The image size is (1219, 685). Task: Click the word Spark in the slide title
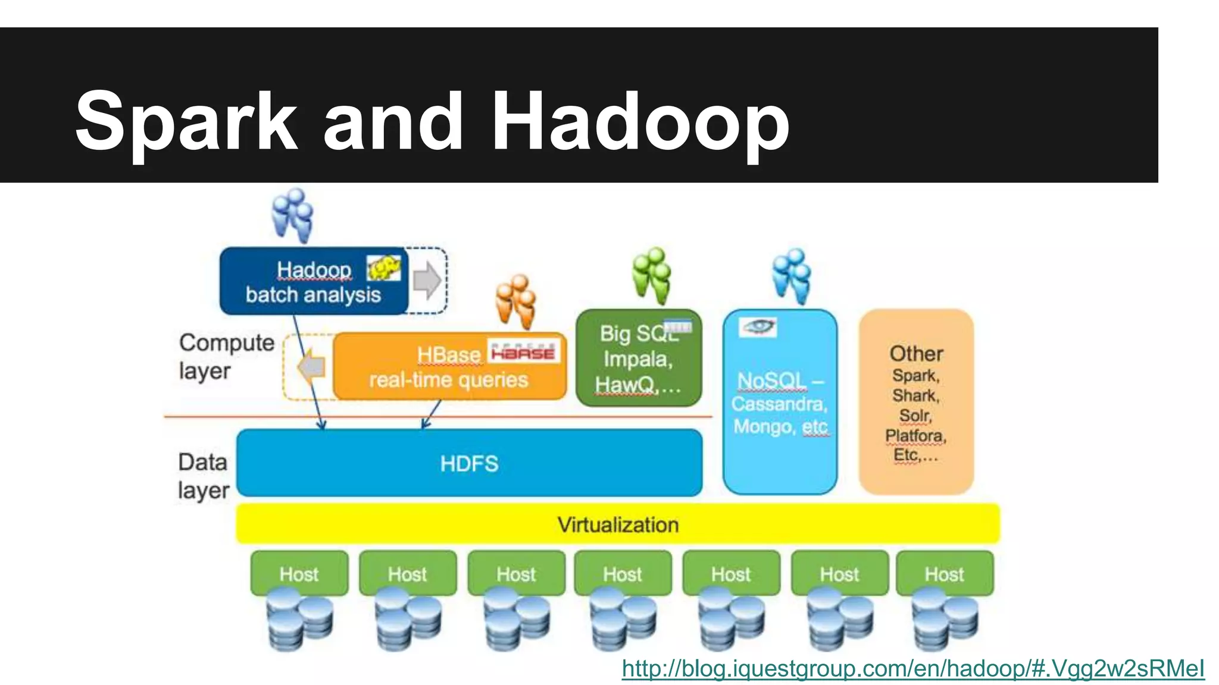(x=186, y=122)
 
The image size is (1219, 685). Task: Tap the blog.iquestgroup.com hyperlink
(x=912, y=668)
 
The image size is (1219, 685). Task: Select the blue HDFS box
(x=469, y=463)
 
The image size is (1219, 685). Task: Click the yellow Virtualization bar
(x=618, y=524)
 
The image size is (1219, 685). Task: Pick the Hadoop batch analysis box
(x=313, y=282)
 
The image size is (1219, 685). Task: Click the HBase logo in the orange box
(x=523, y=351)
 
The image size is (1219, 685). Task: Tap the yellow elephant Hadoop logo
(x=383, y=268)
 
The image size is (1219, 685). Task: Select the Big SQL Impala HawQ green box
(x=638, y=359)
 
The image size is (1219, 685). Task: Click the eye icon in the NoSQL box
(x=758, y=326)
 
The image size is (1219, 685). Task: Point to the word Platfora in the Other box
(x=915, y=436)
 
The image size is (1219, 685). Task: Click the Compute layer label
(x=226, y=356)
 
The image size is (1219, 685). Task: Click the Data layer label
(x=203, y=476)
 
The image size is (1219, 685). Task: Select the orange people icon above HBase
(x=515, y=301)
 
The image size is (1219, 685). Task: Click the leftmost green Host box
(x=299, y=573)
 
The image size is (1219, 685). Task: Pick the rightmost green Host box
(x=944, y=573)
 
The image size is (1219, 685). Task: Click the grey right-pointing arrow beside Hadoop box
(x=427, y=279)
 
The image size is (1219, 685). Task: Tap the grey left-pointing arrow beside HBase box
(x=312, y=367)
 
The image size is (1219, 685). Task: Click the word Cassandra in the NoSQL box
(x=779, y=404)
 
